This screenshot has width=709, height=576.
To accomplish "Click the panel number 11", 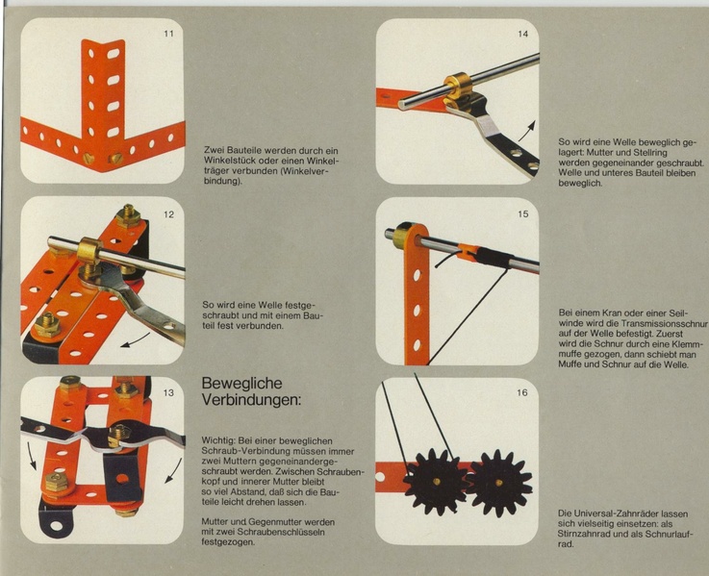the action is [x=168, y=34].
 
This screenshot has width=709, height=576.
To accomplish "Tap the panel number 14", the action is [x=522, y=34].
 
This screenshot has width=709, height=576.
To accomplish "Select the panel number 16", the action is [x=521, y=392].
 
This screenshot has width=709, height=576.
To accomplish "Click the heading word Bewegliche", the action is [x=241, y=384].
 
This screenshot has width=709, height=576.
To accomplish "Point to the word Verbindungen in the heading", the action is [x=251, y=400].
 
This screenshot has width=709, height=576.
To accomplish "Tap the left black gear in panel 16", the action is [x=437, y=482].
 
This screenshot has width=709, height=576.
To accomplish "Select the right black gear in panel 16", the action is [x=498, y=483].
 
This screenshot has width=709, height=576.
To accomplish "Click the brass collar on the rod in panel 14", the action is [x=458, y=85].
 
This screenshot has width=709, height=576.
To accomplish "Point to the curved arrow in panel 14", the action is [x=526, y=131].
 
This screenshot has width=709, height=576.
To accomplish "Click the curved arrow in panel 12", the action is [x=136, y=341].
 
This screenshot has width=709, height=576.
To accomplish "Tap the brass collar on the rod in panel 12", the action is [x=90, y=251].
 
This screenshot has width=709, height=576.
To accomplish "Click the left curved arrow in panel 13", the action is [x=32, y=456].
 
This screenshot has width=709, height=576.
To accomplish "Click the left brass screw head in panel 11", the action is [x=89, y=158].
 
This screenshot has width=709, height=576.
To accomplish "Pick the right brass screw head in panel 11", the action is [x=115, y=159].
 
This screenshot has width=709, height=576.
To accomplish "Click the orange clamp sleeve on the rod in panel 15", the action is [x=468, y=252].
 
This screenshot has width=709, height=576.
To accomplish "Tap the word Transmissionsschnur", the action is [x=664, y=324].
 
